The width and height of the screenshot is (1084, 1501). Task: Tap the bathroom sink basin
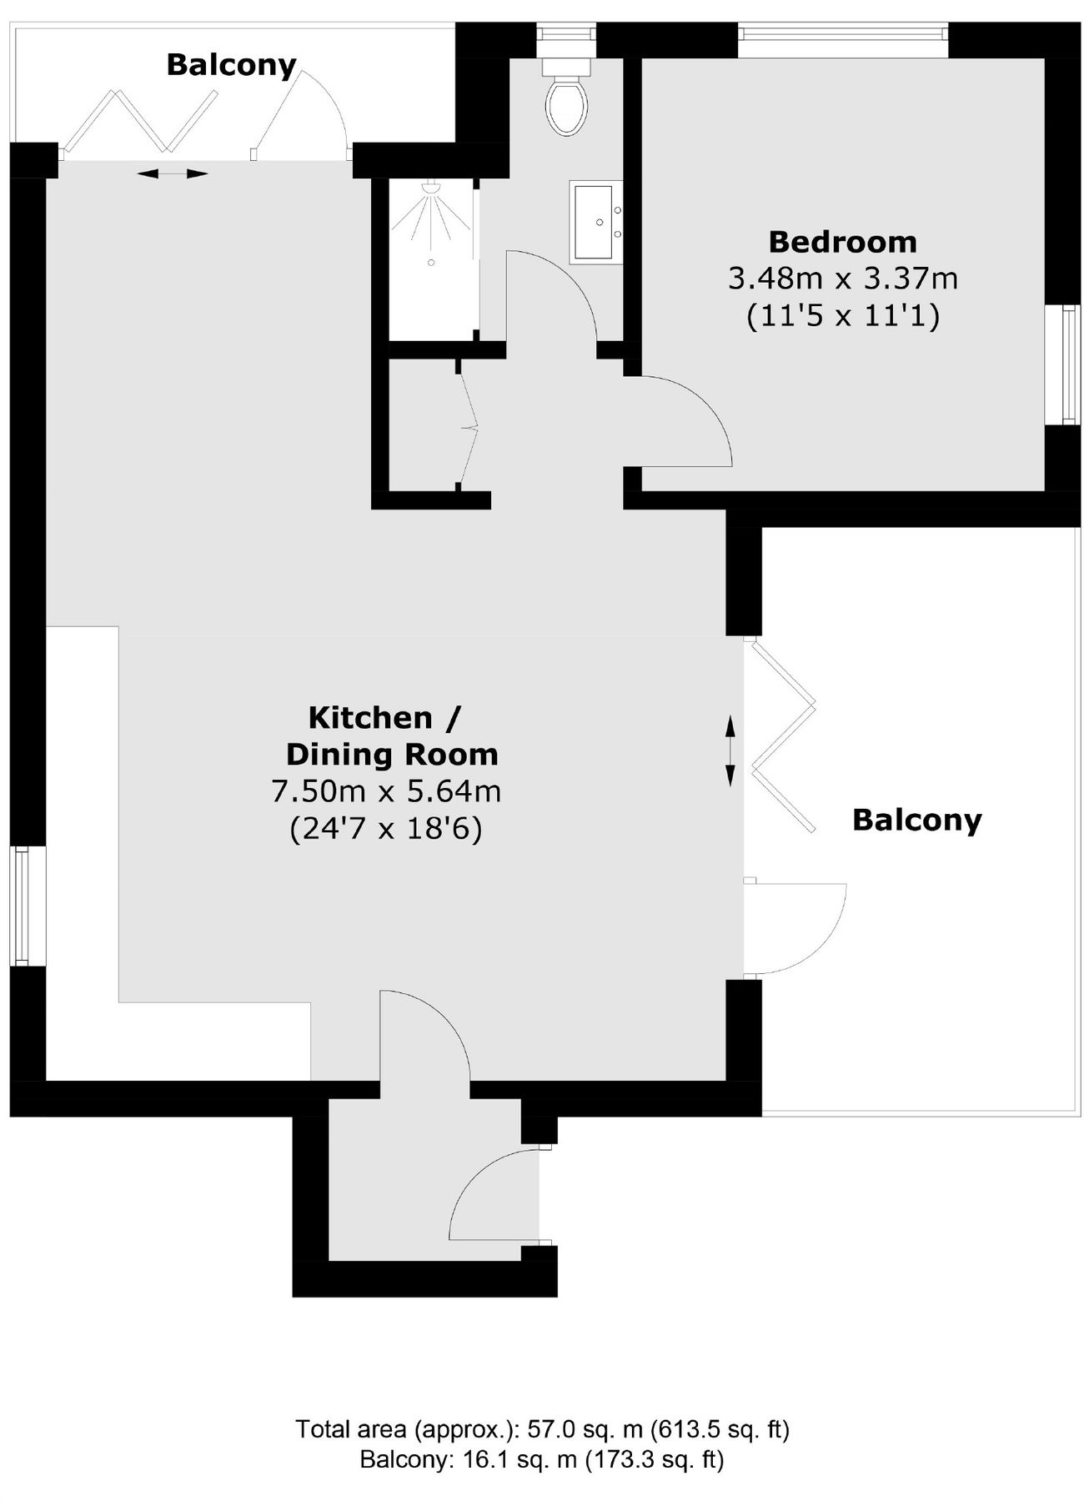coord(596,223)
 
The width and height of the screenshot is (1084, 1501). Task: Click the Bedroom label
coord(842,242)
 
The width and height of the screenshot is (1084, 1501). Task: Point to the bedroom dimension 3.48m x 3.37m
coord(842,278)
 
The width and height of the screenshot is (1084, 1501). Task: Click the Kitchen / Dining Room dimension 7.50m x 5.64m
coord(386,790)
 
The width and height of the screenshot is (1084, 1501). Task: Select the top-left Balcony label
coord(231,65)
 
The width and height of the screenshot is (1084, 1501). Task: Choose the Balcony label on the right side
coord(916,821)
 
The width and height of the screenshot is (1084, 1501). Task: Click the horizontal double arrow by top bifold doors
coord(173,173)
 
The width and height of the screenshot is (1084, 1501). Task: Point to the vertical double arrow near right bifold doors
coord(730,750)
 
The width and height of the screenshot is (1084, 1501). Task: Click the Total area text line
coord(542,1429)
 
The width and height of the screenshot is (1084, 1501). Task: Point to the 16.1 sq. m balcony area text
coord(542,1459)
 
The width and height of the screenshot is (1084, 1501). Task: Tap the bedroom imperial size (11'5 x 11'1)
coord(842,316)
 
